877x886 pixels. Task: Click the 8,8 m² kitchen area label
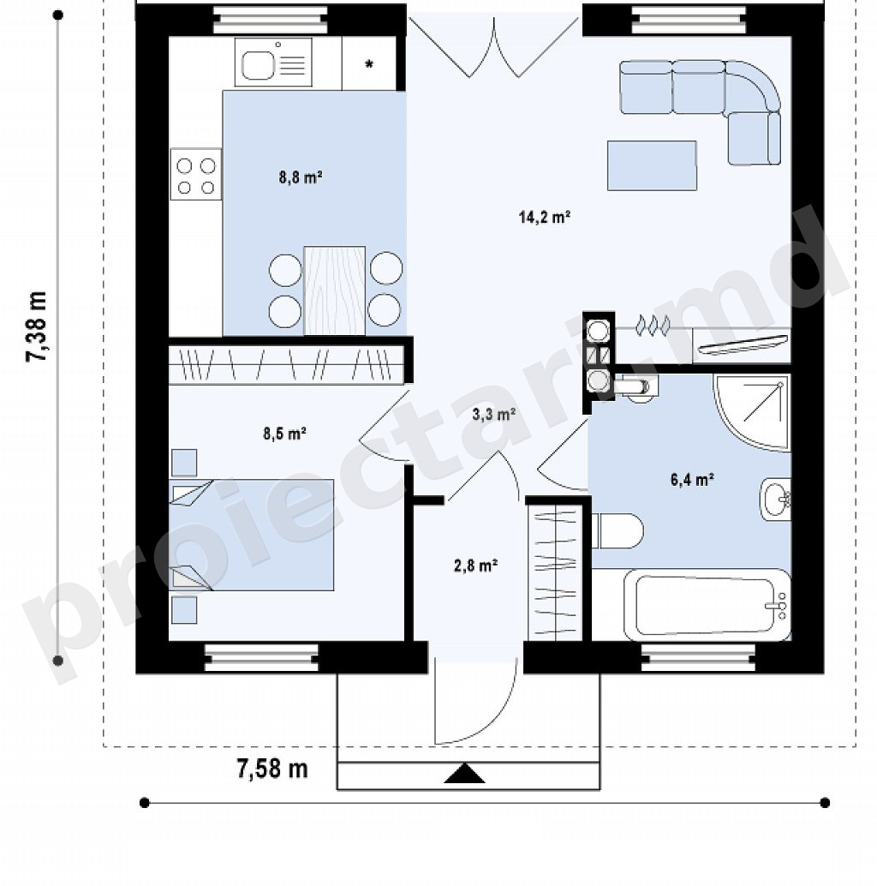point(301,178)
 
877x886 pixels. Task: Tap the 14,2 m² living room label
point(545,217)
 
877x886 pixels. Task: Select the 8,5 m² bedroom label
point(284,434)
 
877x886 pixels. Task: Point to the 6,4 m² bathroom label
point(692,481)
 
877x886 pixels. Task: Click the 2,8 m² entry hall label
point(475,565)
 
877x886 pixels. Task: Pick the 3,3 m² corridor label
point(493,414)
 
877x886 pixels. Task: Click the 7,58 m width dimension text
point(272,769)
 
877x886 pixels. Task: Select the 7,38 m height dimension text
point(38,326)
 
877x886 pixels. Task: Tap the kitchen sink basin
point(259,65)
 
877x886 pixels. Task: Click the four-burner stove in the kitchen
point(196,175)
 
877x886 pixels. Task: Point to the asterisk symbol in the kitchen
point(369,64)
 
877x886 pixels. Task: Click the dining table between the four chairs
point(334,290)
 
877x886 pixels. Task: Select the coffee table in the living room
point(652,165)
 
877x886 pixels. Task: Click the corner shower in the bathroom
point(752,411)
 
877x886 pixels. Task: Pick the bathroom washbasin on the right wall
point(775,500)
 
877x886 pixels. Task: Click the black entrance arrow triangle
point(465,773)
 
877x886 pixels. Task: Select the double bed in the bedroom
point(251,535)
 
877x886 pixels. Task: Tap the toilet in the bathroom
point(617,530)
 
